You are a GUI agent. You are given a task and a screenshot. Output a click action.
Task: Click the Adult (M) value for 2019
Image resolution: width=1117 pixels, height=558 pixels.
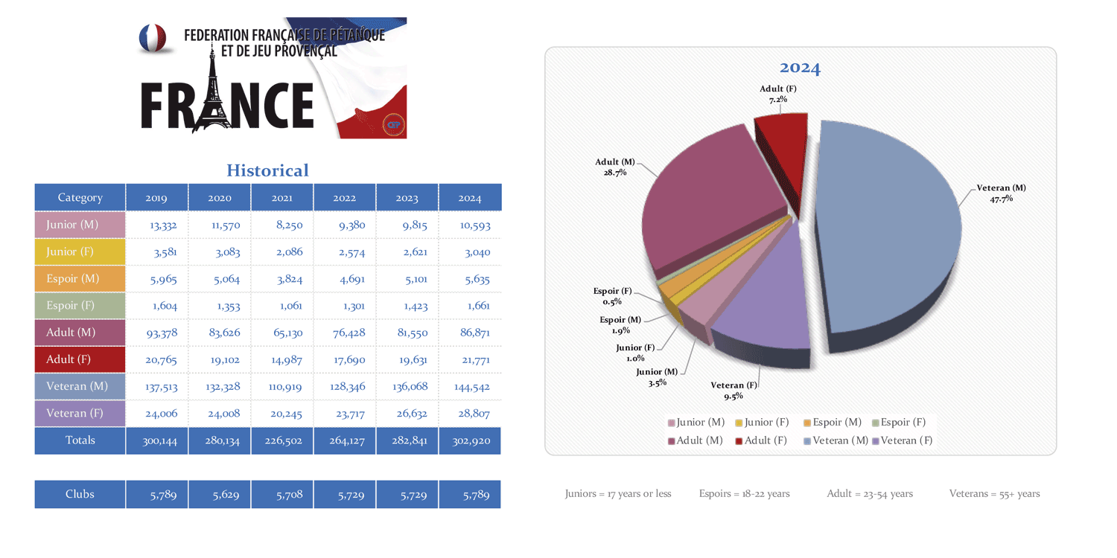(x=161, y=333)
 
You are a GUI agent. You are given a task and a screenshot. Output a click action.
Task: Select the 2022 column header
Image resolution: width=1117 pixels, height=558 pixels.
(x=344, y=198)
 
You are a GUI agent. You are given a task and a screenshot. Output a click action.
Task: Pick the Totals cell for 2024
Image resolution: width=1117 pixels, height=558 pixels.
(x=471, y=440)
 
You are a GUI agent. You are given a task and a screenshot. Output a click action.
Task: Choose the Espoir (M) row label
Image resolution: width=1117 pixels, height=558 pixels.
(x=72, y=278)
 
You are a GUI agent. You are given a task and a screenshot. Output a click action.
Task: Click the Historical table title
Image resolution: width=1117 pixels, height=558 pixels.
(x=267, y=170)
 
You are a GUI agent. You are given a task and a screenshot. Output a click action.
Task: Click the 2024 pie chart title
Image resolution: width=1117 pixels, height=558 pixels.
(x=800, y=68)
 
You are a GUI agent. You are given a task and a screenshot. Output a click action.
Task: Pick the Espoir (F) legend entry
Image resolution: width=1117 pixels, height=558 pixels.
(x=899, y=423)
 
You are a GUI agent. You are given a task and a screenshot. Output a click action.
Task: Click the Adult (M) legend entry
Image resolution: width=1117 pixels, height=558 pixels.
(x=696, y=440)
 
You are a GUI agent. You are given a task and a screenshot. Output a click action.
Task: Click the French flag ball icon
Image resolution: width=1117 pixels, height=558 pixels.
(x=153, y=38)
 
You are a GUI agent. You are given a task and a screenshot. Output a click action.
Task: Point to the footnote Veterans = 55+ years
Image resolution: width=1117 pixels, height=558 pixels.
(x=994, y=493)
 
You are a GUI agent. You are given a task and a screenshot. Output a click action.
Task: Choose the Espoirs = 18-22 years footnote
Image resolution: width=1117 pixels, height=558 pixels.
(x=744, y=493)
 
